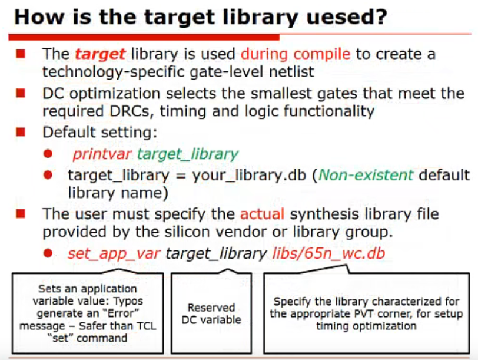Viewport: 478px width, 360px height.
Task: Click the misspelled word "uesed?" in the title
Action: coord(347,17)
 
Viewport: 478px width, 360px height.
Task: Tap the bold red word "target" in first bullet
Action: coord(100,54)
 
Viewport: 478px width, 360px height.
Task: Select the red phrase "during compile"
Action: coord(296,54)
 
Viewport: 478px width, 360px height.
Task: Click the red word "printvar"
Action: coord(102,154)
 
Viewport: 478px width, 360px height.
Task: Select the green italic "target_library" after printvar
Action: coord(187,154)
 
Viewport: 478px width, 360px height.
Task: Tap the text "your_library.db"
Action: coord(249,176)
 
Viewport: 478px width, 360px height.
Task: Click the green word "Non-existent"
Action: coord(366,175)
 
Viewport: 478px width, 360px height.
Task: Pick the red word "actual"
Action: coord(262,214)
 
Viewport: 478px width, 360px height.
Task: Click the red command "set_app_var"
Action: coord(114,254)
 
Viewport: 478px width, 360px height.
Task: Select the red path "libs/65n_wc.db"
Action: coord(328,253)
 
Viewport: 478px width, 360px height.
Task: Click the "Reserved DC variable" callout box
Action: coord(211,313)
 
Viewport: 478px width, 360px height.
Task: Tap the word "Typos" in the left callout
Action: coord(128,301)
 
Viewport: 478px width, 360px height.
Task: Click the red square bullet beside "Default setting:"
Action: coord(21,132)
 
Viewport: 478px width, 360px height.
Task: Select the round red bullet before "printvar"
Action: coord(48,153)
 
